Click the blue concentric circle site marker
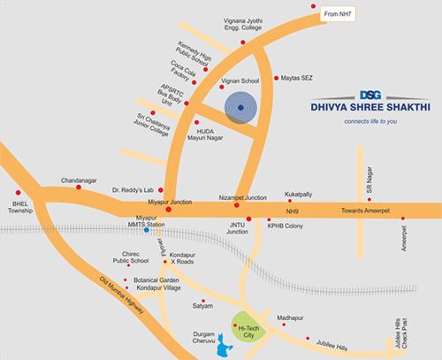click(x=240, y=108)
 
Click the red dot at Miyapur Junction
click(x=168, y=211)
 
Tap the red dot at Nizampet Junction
click(x=236, y=206)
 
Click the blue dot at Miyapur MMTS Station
click(x=146, y=229)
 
